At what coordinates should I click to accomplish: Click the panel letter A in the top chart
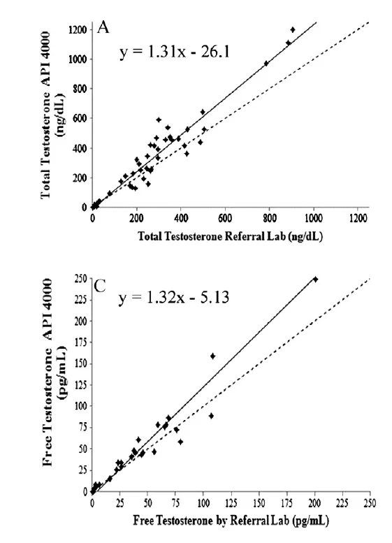[x=103, y=27]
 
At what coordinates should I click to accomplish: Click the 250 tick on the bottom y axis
[x=80, y=280]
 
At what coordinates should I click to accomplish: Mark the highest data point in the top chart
[x=292, y=29]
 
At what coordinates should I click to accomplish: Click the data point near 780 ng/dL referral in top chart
[x=266, y=64]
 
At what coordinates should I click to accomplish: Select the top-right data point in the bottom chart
[x=315, y=279]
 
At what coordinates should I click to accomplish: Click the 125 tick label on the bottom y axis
[x=80, y=385]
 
